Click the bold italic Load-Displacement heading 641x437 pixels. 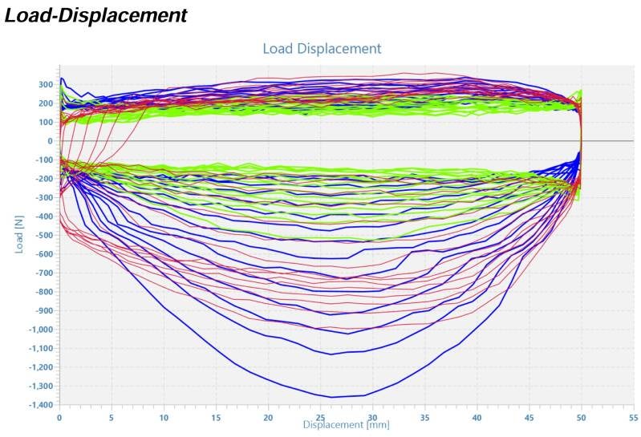point(96,14)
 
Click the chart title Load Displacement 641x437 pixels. point(322,49)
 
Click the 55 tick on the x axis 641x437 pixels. point(633,419)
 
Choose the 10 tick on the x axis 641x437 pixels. point(164,419)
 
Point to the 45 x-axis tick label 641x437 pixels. point(529,419)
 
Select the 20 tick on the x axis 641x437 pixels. point(268,419)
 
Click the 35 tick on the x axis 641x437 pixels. point(424,419)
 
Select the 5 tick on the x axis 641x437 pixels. point(112,419)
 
